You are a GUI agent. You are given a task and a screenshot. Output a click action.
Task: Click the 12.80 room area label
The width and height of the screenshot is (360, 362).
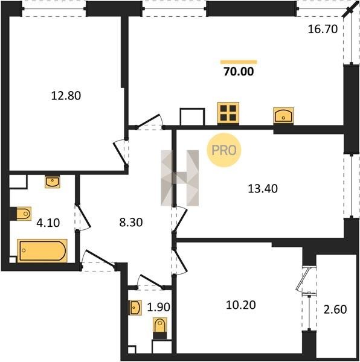click(66, 95)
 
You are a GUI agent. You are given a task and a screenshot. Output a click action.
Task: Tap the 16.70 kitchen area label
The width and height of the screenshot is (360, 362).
click(323, 30)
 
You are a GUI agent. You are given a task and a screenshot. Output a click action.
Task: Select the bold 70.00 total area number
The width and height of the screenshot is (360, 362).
click(239, 72)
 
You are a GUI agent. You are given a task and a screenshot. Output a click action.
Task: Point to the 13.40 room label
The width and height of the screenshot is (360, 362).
click(263, 189)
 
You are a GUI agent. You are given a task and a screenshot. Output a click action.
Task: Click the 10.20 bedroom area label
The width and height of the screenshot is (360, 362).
click(241, 305)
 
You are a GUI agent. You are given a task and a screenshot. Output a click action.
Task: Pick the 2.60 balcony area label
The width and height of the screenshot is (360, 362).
click(335, 310)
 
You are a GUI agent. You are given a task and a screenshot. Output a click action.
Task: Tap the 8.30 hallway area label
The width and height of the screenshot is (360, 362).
click(131, 222)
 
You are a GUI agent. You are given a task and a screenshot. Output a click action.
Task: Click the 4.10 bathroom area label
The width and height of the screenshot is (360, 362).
click(48, 223)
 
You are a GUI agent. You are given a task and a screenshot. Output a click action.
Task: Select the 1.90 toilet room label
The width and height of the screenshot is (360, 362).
click(158, 307)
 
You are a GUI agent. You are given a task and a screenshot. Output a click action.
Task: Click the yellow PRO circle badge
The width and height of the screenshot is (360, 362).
click(224, 150)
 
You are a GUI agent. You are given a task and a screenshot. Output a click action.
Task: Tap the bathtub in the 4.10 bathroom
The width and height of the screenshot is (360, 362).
click(42, 251)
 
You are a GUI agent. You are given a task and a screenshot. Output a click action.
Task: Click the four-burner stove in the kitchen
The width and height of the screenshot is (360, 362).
click(228, 113)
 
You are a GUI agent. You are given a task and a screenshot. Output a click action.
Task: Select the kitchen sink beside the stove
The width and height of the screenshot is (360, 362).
click(283, 115)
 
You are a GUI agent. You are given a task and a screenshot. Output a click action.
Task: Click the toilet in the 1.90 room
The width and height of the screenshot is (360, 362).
click(160, 328)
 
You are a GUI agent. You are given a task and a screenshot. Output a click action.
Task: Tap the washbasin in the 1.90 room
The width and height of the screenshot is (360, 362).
click(135, 308)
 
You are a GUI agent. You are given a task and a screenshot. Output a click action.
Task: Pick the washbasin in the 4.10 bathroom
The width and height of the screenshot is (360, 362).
click(53, 182)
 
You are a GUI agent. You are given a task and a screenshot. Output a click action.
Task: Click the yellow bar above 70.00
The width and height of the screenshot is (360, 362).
click(239, 62)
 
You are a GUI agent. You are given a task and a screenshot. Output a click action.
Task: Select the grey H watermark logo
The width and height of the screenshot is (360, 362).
click(180, 178)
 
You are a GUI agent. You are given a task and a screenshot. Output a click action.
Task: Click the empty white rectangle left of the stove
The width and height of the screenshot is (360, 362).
click(192, 117)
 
